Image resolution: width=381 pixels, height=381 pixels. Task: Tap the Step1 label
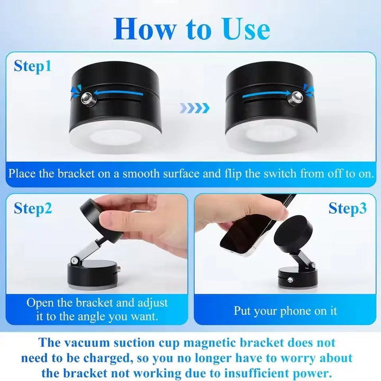[33, 67]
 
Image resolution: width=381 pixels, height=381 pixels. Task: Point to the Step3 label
[347, 208]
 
